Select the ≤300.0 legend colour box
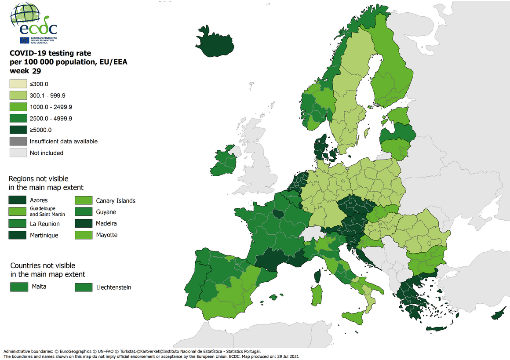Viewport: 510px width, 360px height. coord(18,84)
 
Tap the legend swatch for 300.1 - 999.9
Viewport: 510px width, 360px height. coord(18,95)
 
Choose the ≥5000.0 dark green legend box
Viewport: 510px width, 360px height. coord(18,130)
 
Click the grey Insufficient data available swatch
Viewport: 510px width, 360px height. coord(18,141)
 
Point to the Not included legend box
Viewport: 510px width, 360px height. coord(18,153)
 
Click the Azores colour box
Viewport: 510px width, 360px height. coord(18,200)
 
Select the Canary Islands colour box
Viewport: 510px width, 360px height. coord(83,200)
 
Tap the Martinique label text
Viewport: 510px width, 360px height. coord(44,235)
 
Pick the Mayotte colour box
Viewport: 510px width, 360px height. coord(83,235)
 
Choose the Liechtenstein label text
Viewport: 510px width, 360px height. coord(113,287)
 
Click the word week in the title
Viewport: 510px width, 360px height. coord(19,71)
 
